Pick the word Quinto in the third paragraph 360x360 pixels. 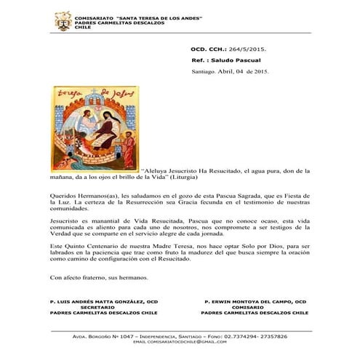(76, 247)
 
